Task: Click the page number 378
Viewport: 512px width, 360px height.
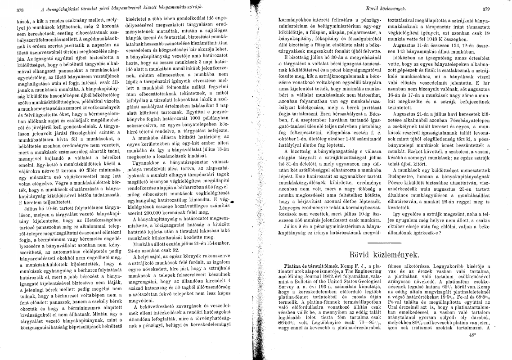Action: tap(20, 9)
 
